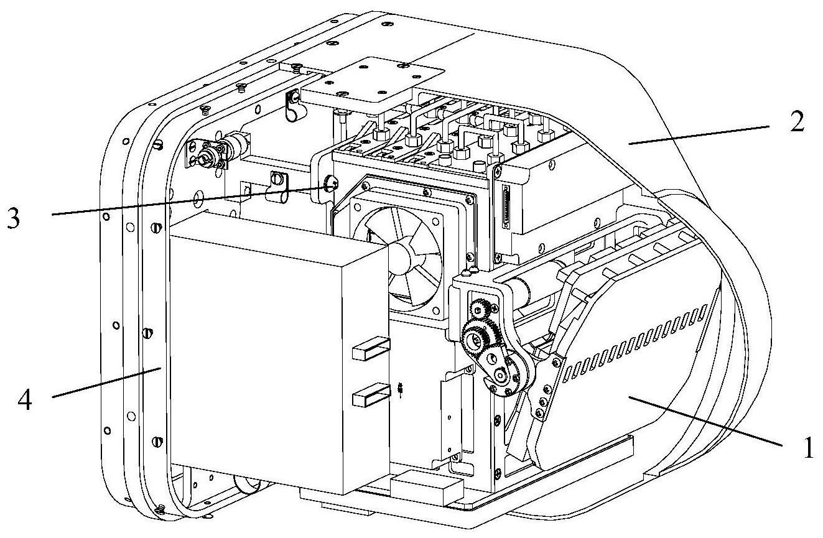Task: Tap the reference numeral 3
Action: click(x=14, y=218)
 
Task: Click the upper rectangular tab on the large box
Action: click(x=370, y=348)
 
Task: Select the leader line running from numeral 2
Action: click(x=699, y=135)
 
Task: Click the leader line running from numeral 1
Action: click(x=705, y=421)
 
